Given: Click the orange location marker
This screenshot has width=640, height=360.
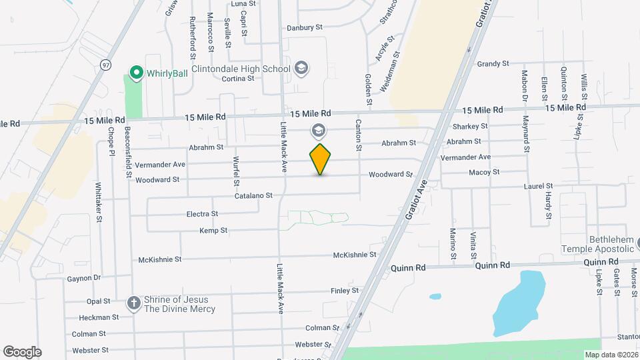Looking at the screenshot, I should click(321, 159).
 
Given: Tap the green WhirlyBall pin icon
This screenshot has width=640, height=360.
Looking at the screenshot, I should click(137, 71).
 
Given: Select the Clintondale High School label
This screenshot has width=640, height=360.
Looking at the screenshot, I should click(241, 69).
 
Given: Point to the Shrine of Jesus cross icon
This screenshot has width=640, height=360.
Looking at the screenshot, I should click(133, 303).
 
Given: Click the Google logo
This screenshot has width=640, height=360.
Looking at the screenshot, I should click(22, 352).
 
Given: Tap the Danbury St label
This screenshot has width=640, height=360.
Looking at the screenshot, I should click(305, 28).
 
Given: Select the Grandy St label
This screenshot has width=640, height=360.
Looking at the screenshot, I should click(493, 64).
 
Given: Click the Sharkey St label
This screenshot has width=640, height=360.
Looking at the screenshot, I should click(470, 126).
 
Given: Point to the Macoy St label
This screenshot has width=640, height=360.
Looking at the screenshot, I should click(484, 172).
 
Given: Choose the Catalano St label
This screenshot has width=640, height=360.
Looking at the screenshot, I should click(253, 196).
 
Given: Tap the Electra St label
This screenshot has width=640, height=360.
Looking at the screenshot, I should click(202, 214).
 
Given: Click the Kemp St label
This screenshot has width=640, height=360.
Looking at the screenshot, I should click(213, 231).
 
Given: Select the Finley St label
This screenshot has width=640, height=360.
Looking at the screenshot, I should click(345, 291).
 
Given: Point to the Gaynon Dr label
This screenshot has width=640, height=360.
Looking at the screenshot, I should click(83, 278).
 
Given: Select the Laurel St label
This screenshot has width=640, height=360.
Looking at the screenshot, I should click(539, 187).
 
